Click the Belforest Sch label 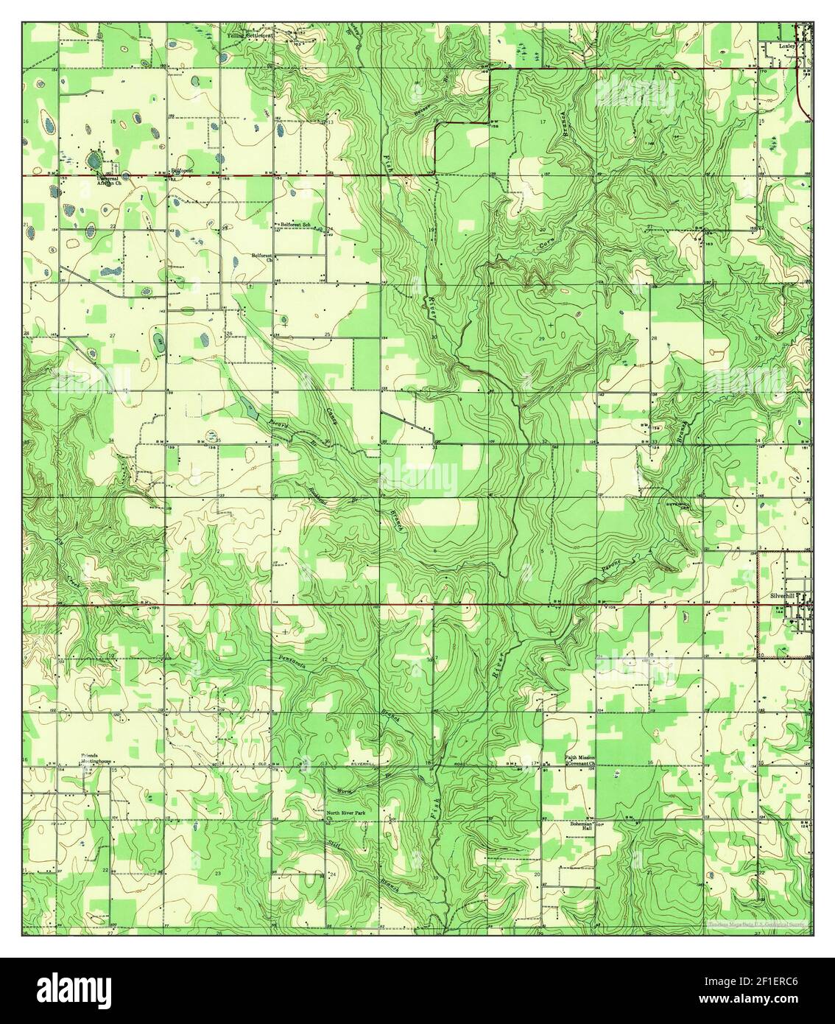click(x=296, y=224)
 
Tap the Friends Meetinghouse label click(x=96, y=760)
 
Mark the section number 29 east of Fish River click(x=540, y=337)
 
